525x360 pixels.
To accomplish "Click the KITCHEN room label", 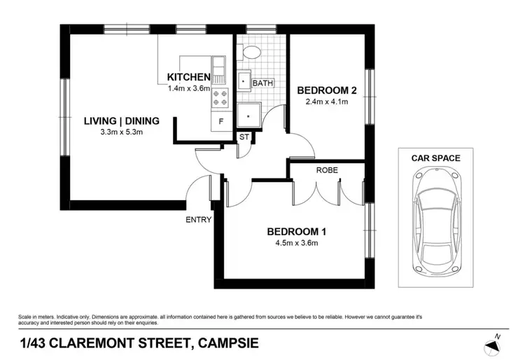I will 188,77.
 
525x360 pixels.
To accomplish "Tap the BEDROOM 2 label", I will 328,90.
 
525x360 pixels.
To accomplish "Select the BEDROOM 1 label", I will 297,232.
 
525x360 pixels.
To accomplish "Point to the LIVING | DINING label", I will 122,120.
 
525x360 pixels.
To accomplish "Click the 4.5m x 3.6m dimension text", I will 297,244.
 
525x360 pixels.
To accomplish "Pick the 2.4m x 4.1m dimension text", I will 328,102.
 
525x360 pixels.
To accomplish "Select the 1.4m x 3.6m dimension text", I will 189,89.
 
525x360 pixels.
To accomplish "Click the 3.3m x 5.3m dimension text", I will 122,132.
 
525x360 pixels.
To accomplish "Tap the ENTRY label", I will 199,220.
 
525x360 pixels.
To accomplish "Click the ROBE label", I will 328,170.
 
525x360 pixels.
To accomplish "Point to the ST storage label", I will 244,137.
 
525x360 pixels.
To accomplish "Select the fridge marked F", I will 220,121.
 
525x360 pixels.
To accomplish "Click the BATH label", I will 263,83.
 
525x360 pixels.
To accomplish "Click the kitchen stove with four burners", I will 220,97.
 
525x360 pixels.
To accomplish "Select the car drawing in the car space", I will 437,221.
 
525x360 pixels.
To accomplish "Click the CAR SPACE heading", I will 436,158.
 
